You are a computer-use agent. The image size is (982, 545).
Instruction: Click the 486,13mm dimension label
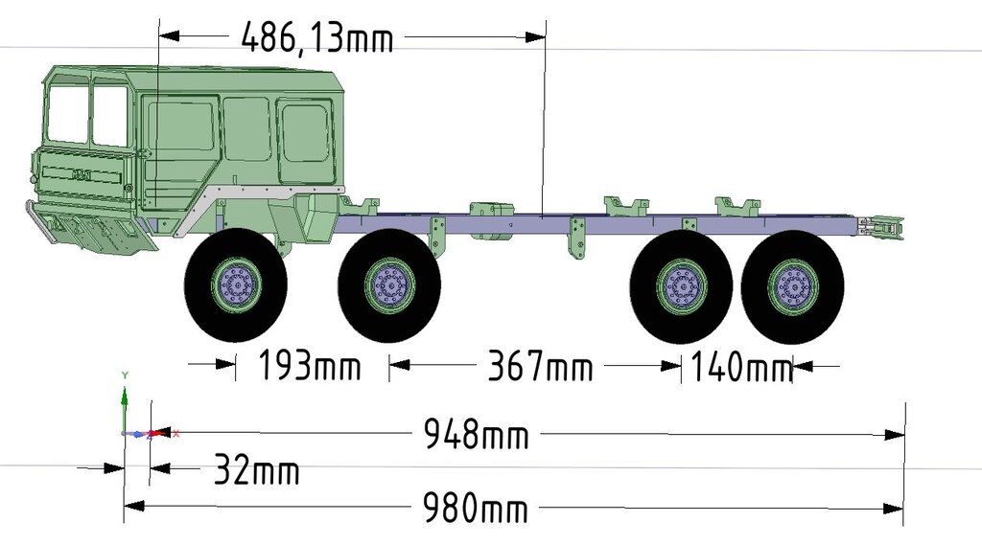point(316,37)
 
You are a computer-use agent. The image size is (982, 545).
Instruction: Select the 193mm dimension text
point(310,365)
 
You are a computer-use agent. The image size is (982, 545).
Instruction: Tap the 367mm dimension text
point(540,366)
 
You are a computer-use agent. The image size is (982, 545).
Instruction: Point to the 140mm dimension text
point(741,366)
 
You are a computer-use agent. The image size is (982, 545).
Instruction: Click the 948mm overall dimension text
point(476,434)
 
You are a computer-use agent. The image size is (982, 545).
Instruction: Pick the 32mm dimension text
point(257,469)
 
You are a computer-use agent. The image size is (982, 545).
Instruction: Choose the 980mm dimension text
point(476,508)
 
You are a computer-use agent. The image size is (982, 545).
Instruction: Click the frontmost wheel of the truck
point(236,285)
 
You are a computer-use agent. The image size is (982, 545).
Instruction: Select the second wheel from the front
point(389,285)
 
